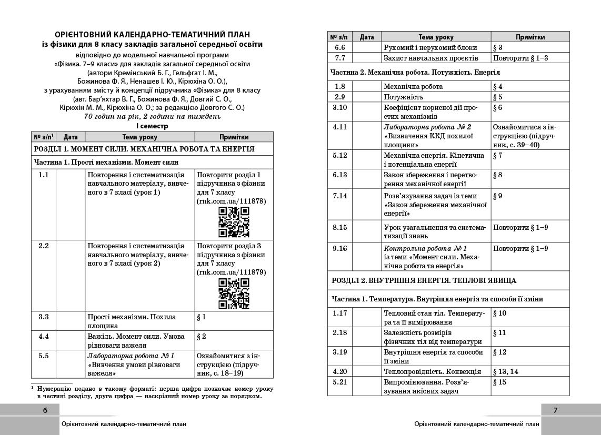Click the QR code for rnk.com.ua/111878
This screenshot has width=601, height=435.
(x=234, y=222)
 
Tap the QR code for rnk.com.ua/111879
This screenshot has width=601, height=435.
(x=234, y=294)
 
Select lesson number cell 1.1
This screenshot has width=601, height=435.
(x=44, y=175)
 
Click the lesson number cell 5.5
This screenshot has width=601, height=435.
(x=44, y=356)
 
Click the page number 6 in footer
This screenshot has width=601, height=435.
(x=45, y=410)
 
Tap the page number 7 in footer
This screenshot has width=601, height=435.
(x=556, y=410)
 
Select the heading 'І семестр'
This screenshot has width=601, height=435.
(x=153, y=126)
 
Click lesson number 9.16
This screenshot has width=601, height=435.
(x=340, y=248)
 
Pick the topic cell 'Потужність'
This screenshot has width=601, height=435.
(x=404, y=97)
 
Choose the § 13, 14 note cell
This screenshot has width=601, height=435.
(x=505, y=371)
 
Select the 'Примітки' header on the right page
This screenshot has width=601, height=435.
(x=530, y=37)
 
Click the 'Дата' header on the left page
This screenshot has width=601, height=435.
(x=71, y=137)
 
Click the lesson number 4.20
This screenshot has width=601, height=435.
(x=340, y=371)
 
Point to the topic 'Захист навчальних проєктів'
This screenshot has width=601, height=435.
(x=430, y=58)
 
